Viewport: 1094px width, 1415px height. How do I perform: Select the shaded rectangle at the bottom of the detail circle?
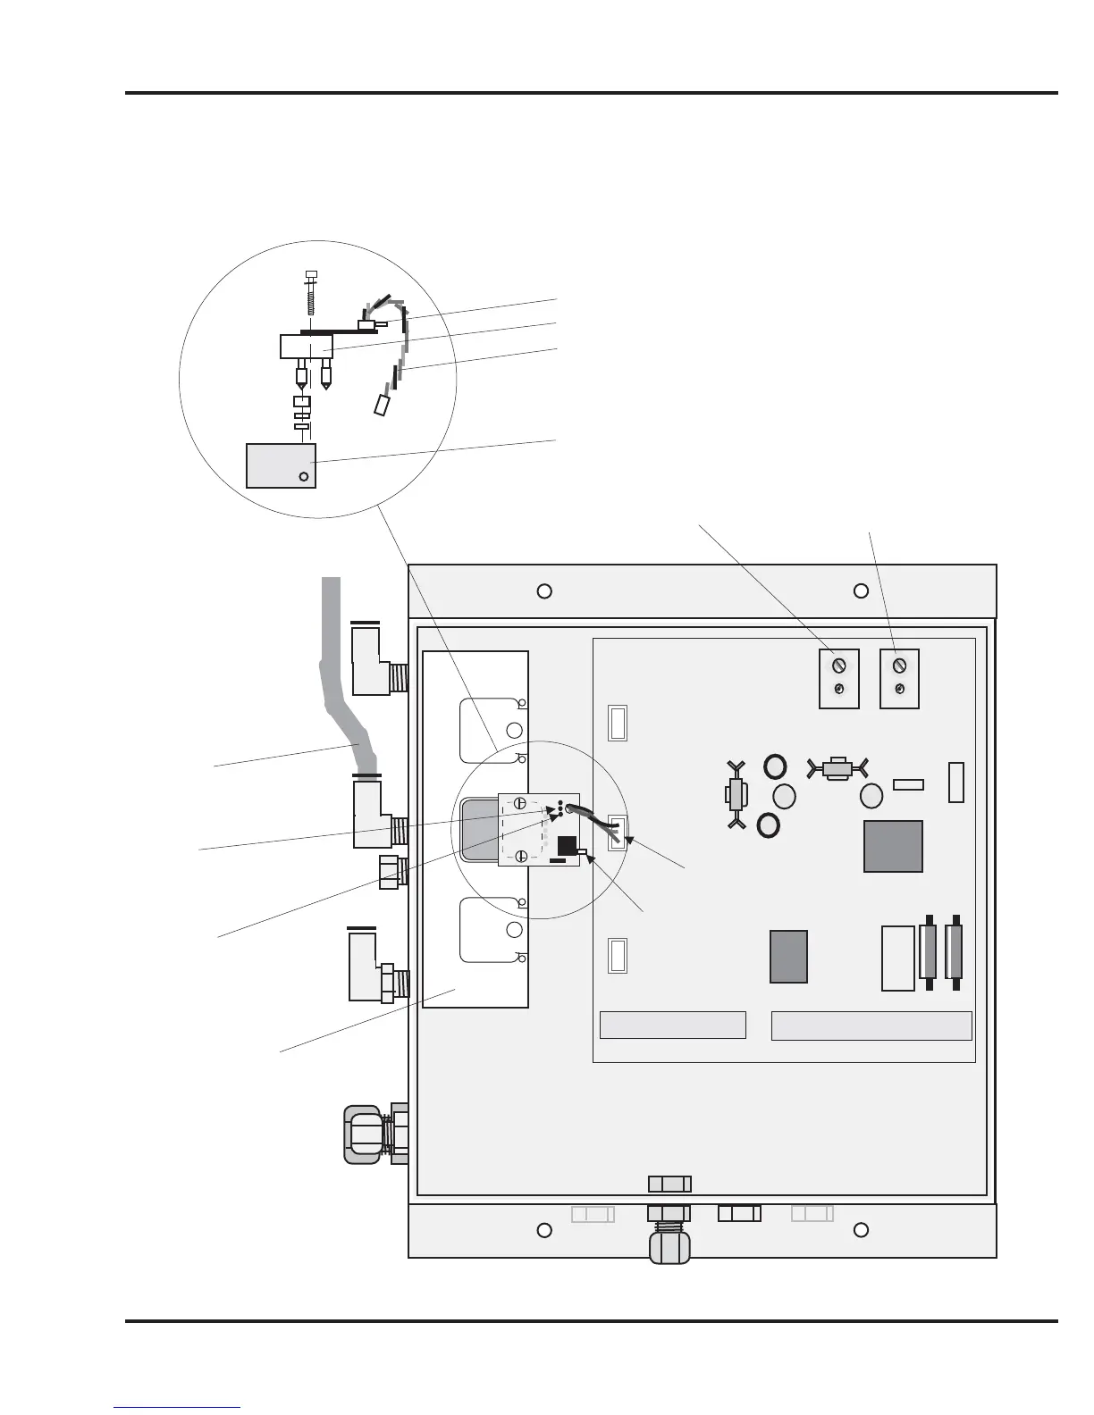(281, 465)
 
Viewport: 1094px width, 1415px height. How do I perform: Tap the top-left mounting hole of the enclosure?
(543, 590)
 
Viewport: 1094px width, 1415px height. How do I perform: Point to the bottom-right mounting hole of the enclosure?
(861, 1230)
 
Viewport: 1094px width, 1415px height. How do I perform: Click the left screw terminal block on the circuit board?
(839, 679)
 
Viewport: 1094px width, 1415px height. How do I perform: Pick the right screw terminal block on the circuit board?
(899, 679)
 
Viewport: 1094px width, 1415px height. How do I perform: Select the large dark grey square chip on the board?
(893, 846)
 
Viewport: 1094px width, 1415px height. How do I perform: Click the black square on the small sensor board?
(567, 846)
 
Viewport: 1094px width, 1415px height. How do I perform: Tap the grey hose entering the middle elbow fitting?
(340, 697)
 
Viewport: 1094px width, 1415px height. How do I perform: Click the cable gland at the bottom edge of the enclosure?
(669, 1237)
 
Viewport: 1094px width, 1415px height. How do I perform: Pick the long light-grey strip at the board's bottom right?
(871, 1026)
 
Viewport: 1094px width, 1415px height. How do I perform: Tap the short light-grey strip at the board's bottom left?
(672, 1026)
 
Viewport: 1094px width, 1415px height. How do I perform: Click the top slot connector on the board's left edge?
(617, 723)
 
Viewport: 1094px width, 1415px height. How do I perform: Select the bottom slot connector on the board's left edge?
(617, 955)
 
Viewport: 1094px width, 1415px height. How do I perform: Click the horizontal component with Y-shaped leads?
(837, 768)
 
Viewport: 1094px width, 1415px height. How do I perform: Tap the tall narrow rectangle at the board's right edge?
(955, 783)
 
